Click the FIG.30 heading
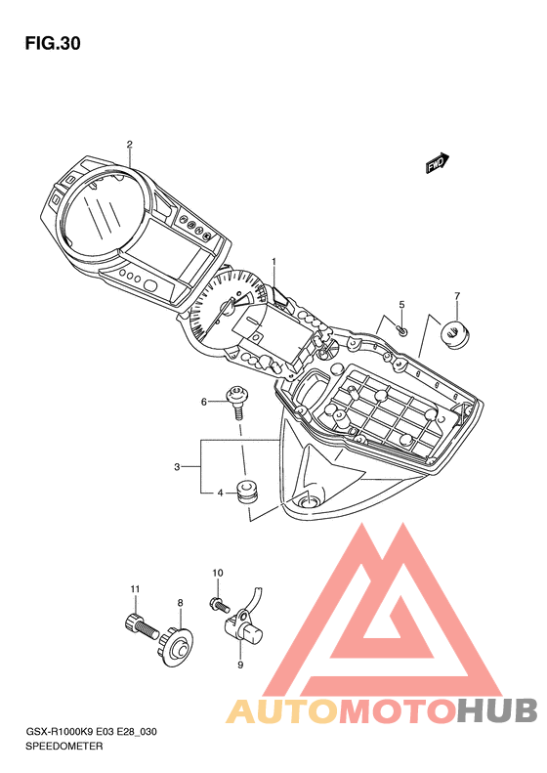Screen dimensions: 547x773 (x=53, y=43)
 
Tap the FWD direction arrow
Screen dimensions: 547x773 (x=438, y=163)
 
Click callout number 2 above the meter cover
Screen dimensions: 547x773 (x=130, y=145)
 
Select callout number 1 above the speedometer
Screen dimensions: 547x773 (x=274, y=261)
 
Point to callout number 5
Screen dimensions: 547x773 (x=401, y=305)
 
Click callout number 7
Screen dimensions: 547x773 (x=457, y=296)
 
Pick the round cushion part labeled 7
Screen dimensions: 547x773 (x=455, y=334)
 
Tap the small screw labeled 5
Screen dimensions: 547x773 (x=402, y=330)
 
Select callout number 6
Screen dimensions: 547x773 (x=204, y=403)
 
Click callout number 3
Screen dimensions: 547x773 (x=177, y=466)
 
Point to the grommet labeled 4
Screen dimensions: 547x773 (x=247, y=491)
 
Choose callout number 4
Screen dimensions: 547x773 (x=221, y=493)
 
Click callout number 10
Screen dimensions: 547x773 (x=217, y=573)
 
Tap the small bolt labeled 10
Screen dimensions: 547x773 (x=219, y=604)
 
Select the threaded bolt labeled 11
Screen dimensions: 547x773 (x=142, y=624)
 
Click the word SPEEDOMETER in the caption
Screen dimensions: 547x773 (x=64, y=747)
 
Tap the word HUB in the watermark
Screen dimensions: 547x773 (x=496, y=709)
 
